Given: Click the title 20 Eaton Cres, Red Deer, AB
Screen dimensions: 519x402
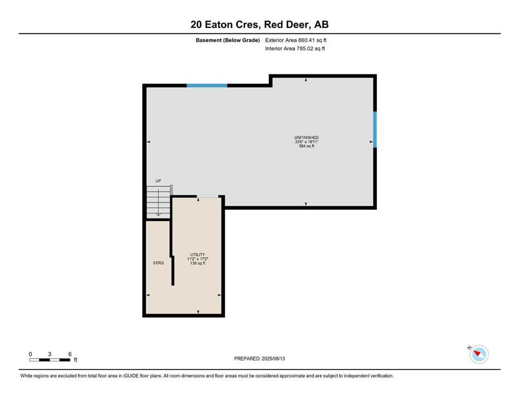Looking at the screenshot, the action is point(259,25).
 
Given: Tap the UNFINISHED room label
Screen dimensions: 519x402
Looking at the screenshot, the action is point(306,138).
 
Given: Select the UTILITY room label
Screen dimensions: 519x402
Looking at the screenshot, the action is point(198,255).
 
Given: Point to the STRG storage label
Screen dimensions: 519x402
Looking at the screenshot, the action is point(158,263).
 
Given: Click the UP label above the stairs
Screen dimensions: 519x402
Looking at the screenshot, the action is point(158,181).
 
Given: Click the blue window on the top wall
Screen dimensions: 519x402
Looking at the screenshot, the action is point(207,85).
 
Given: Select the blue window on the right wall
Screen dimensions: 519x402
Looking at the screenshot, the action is point(375,130).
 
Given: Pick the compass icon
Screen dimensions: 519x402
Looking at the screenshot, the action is point(479,354).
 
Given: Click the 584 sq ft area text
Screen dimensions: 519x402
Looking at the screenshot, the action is point(306,146).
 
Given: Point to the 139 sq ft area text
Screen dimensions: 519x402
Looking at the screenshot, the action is point(198,263).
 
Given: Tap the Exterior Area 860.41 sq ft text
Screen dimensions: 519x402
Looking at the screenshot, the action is point(296,40).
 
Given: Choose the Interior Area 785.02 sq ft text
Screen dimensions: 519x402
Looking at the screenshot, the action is point(295,48).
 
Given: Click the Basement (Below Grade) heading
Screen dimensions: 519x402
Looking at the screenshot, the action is point(228,40).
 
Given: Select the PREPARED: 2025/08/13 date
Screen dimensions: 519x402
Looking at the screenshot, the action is point(259,359).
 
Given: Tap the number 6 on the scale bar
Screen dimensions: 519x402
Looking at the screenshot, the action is point(70,354).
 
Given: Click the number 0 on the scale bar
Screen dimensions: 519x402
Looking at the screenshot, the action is point(30,354).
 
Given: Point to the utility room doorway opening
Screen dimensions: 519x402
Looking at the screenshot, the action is point(207,196).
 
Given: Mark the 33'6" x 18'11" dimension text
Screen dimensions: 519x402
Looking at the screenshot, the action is point(306,142).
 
